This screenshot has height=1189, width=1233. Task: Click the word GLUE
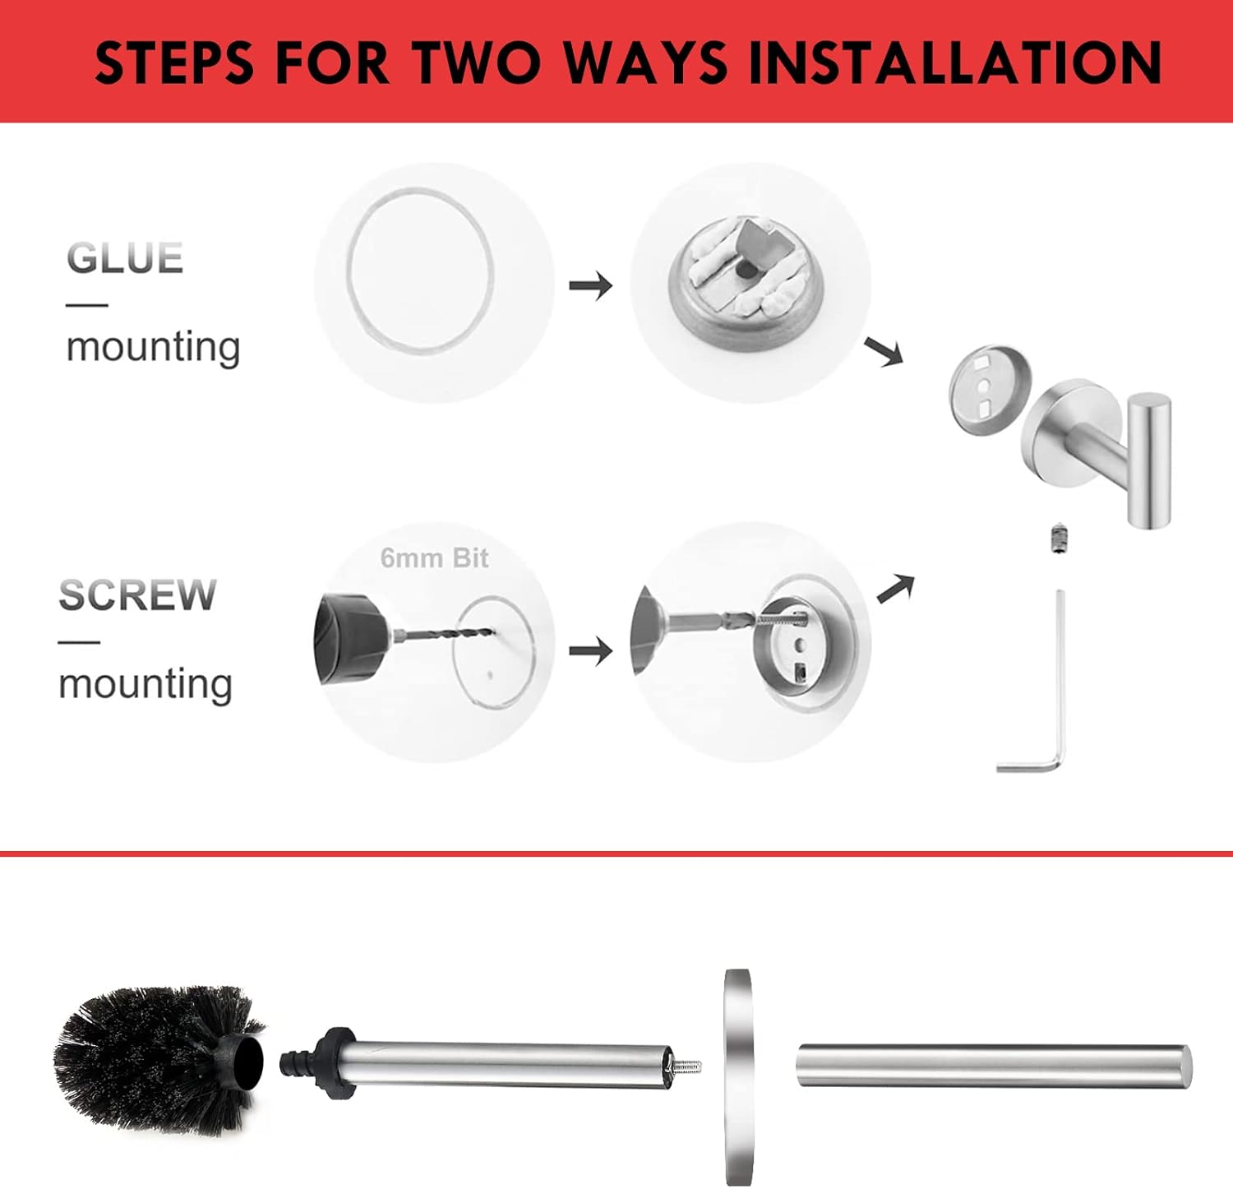coord(125,258)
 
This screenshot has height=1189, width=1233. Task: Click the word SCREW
coord(137,595)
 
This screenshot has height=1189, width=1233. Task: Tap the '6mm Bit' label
coord(434,558)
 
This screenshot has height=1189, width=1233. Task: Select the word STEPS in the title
coord(174,62)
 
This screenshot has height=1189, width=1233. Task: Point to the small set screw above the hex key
coord(1058,539)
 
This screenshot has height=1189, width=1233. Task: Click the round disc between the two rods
coord(737,1076)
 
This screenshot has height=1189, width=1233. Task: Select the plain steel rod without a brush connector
coord(993,1066)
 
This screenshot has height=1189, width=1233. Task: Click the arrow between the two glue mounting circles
coord(591,286)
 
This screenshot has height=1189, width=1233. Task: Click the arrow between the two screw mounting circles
coord(591,651)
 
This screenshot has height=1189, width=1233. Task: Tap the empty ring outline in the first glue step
coord(420,271)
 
